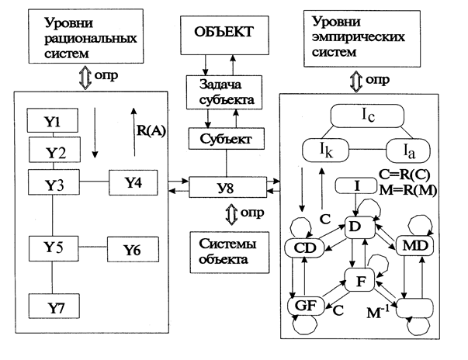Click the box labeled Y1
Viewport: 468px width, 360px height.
pos(53,121)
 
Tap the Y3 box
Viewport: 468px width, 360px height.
pos(53,183)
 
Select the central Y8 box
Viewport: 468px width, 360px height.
pos(227,186)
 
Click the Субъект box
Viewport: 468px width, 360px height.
pos(227,140)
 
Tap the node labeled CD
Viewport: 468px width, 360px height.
pos(309,247)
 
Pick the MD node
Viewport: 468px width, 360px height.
pos(417,245)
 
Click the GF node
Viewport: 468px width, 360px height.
pos(307,306)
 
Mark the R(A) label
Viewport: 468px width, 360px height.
pos(151,120)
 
